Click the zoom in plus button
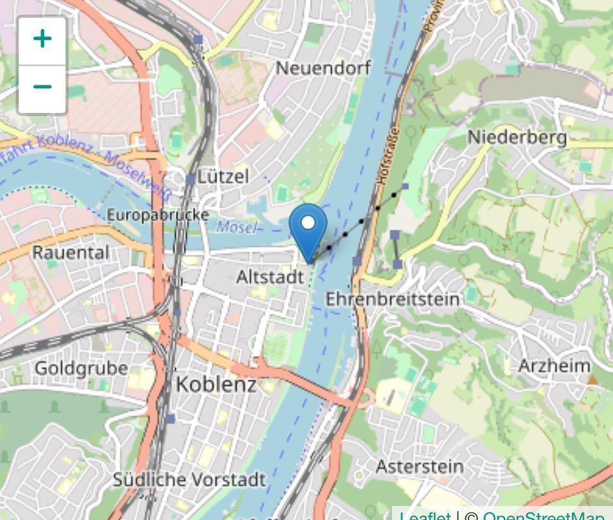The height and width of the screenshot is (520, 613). (x=42, y=40)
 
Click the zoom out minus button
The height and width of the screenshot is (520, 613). (x=42, y=88)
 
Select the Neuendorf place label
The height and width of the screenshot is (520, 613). (x=323, y=68)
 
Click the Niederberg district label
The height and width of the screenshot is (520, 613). (x=517, y=137)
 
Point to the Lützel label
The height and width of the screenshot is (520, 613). (x=223, y=176)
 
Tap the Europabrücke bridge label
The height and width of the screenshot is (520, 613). (x=158, y=215)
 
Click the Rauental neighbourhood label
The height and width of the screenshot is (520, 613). (x=71, y=252)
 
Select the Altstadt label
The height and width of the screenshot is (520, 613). (x=269, y=277)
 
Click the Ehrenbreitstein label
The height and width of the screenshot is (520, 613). (x=392, y=299)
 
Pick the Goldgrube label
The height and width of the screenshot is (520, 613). (x=81, y=368)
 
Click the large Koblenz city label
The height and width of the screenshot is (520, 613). (x=216, y=384)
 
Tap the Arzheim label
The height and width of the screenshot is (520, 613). (x=554, y=365)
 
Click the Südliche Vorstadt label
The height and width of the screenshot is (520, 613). (x=189, y=480)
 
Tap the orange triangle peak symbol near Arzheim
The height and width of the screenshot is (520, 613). (x=592, y=379)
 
